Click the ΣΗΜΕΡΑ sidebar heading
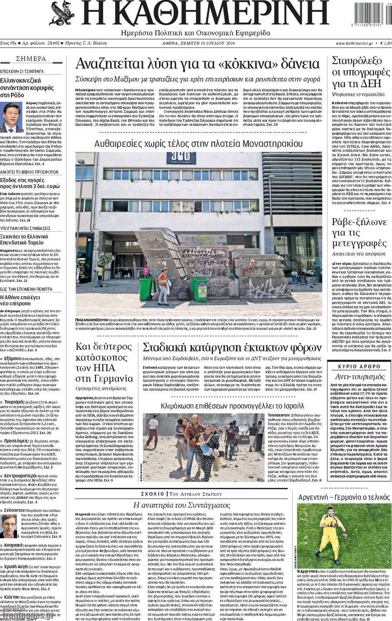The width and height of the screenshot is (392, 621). click(x=31, y=59)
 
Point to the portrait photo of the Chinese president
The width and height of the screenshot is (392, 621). click(x=11, y=117)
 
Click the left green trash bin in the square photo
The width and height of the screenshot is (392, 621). click(x=146, y=289)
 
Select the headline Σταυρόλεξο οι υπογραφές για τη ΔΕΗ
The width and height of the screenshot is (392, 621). click(x=361, y=72)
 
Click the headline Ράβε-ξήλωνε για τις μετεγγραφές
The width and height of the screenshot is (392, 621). click(x=359, y=233)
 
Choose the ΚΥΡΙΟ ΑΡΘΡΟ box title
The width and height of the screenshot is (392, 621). click(x=359, y=366)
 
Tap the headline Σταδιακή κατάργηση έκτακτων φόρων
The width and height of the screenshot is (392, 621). click(x=232, y=348)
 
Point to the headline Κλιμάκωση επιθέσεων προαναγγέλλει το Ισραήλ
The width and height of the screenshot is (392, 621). click(x=232, y=406)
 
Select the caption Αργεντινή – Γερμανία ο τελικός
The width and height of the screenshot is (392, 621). click(x=344, y=497)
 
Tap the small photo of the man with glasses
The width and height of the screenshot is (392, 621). click(x=9, y=526)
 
